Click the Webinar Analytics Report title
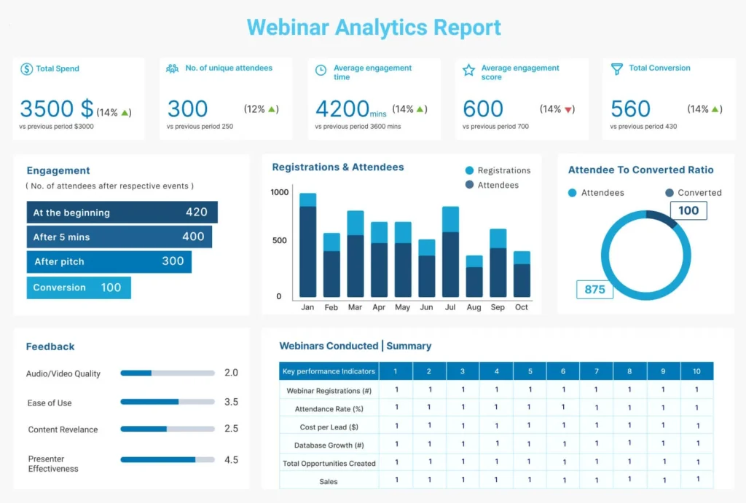click(x=374, y=27)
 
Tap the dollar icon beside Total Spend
click(x=26, y=68)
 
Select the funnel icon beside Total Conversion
click(x=617, y=68)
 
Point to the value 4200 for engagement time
click(x=342, y=109)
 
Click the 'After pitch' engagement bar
click(x=109, y=262)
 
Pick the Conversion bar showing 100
click(x=79, y=288)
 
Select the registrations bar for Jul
click(x=450, y=219)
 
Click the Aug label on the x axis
click(x=474, y=307)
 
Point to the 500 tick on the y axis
click(x=280, y=240)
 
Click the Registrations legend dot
click(x=469, y=170)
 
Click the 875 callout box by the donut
click(x=594, y=289)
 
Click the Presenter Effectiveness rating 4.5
click(x=231, y=459)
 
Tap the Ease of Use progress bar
click(x=168, y=402)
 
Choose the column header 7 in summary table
click(x=596, y=371)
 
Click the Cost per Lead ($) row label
click(x=329, y=427)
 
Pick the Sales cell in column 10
click(x=696, y=480)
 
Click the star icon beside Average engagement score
click(x=468, y=70)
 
